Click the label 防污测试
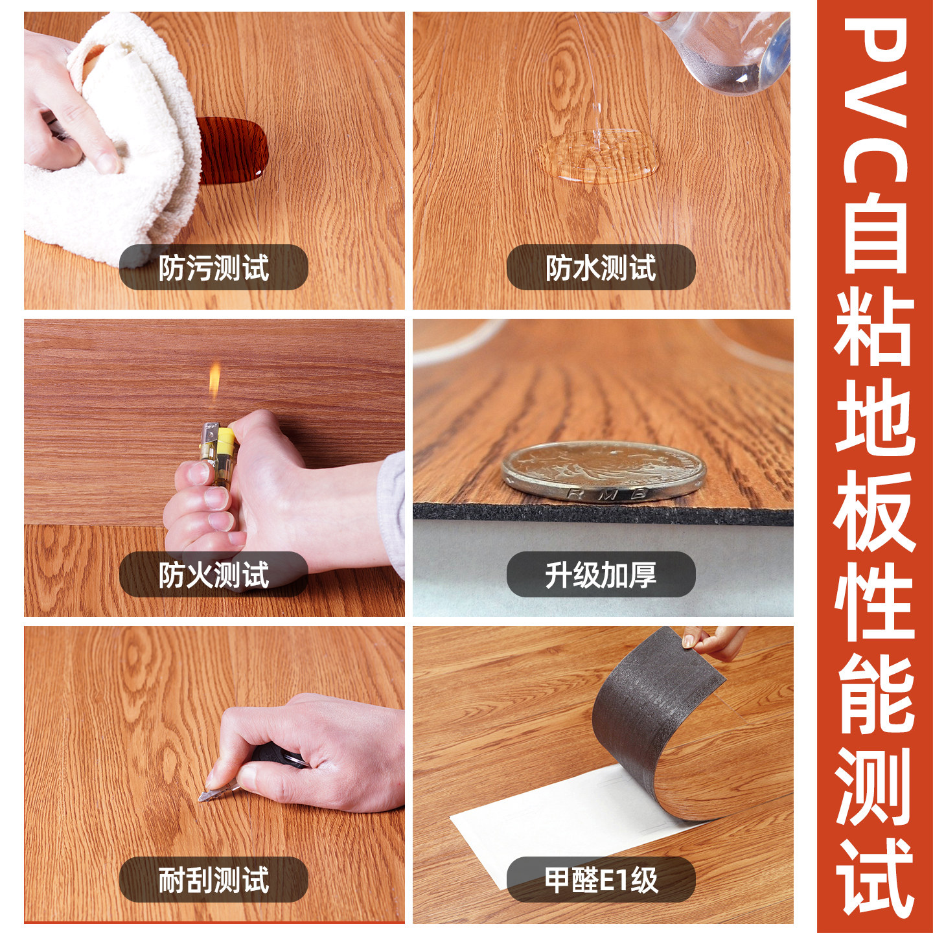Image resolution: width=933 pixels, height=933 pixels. (214, 267)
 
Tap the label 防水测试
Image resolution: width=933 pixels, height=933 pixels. (601, 267)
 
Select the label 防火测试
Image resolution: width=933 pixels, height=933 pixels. (214, 575)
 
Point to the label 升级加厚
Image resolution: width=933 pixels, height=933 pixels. (601, 575)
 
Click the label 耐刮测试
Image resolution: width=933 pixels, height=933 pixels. (214, 880)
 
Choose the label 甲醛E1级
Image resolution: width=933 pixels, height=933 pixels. (601, 880)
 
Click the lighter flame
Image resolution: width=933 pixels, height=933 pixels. (214, 380)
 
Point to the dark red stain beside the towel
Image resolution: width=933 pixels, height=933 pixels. (233, 150)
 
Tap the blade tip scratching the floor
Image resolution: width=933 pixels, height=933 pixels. (200, 800)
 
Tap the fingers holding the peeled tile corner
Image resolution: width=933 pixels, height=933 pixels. (711, 641)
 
